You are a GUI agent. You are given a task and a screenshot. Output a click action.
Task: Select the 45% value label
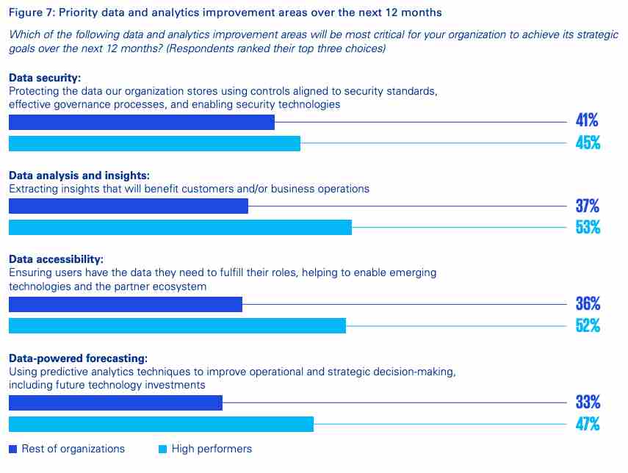point(588,143)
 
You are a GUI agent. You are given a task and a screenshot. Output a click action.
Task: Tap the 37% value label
point(588,206)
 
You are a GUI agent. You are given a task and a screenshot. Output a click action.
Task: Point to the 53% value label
point(588,228)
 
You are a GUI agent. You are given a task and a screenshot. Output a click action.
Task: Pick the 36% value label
point(588,304)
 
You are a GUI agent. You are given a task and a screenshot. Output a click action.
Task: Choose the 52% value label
point(588,325)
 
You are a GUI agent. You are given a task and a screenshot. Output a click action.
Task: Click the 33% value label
point(588,402)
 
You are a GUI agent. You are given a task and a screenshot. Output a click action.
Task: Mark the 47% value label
point(588,424)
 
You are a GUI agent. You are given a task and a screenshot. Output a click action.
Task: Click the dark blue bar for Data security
point(141,122)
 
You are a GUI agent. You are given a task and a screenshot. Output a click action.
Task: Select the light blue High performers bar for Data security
point(154,143)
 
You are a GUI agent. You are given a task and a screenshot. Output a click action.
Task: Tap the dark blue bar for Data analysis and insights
point(128,206)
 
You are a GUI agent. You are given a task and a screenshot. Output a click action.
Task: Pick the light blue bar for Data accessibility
point(177,325)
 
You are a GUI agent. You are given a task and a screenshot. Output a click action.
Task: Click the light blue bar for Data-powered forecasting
point(161,424)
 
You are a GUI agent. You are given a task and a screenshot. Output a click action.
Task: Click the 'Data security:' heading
point(44,77)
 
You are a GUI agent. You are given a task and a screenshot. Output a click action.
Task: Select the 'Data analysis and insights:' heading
point(79,176)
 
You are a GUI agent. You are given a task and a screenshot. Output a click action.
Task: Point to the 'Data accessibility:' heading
point(56,260)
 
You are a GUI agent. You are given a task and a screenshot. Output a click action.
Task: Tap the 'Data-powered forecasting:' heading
point(78,358)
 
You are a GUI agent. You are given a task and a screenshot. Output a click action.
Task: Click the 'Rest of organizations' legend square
point(12,449)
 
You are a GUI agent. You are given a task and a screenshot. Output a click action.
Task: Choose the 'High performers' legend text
point(212,449)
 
